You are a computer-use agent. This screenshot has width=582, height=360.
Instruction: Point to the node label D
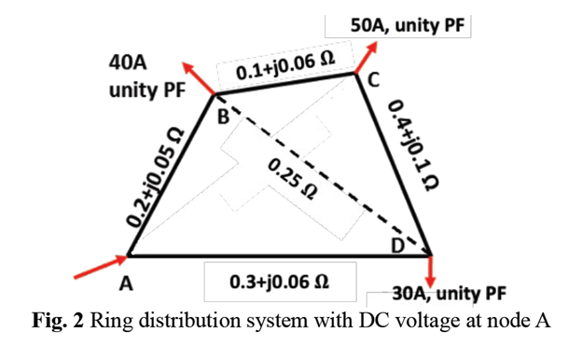coord(398,245)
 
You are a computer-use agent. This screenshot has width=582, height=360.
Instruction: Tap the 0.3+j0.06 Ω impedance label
coord(281,279)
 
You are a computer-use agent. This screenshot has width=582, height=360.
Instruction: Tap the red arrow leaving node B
coord(197,76)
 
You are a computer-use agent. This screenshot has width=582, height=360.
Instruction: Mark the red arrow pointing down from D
coord(433,272)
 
